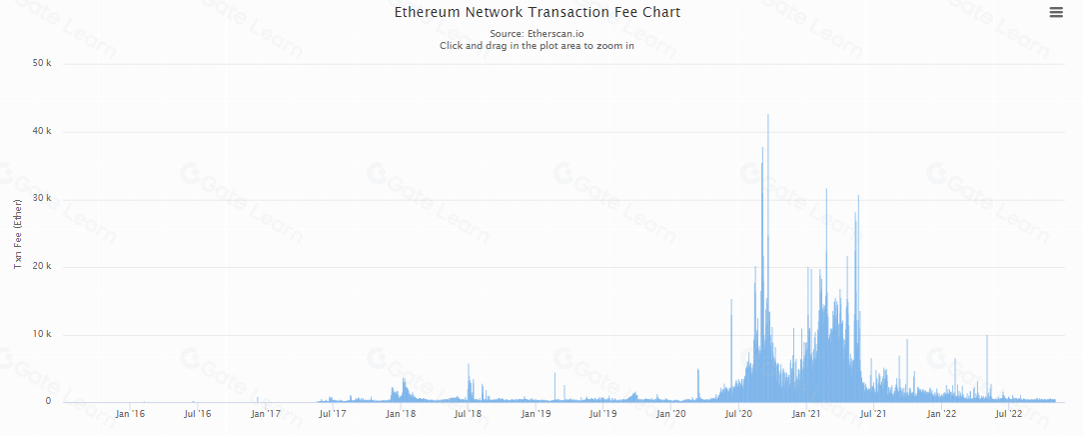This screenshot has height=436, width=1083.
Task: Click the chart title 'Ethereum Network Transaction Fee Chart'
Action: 538,13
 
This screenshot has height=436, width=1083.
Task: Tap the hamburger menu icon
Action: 1056,12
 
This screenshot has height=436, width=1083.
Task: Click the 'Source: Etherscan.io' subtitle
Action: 538,34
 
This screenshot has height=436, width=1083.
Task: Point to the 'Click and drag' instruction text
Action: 538,46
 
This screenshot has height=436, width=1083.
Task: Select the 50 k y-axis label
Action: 42,64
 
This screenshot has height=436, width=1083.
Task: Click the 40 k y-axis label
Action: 42,132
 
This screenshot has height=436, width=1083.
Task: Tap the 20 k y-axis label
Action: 42,267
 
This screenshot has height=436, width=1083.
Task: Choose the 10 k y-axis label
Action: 42,335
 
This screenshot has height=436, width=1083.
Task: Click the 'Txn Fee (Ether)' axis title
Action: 17,234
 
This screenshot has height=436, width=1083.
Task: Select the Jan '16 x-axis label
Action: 130,413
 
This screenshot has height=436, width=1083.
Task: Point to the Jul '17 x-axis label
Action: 333,413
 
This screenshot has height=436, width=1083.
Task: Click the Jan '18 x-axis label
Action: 401,413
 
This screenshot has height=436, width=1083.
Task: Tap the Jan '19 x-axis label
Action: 537,413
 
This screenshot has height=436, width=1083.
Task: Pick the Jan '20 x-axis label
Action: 671,413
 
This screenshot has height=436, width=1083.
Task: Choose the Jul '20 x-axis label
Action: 739,413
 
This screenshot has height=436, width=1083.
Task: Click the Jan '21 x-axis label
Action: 807,413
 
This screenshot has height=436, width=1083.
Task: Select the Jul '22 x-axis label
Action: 1009,413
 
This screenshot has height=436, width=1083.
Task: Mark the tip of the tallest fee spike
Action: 767,115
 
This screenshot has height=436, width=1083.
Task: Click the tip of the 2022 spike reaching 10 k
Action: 987,336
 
